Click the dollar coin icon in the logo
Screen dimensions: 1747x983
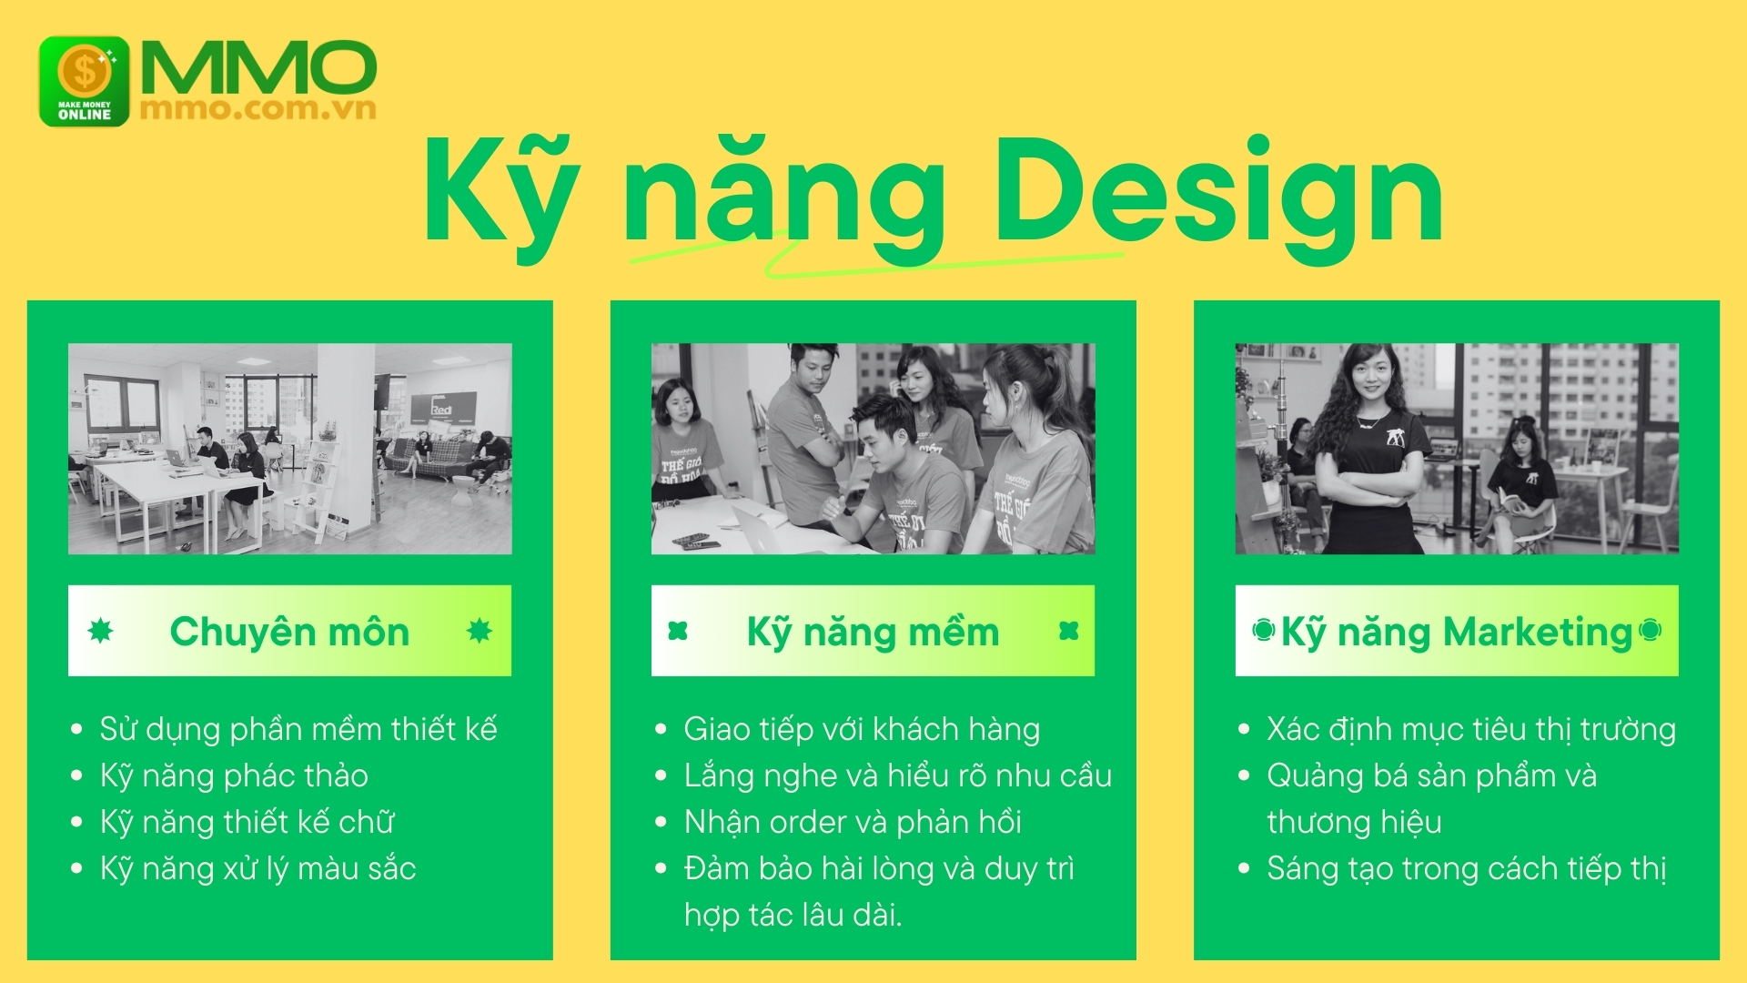(x=85, y=71)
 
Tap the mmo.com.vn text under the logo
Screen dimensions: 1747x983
(x=258, y=108)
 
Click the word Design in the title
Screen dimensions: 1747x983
(x=1218, y=194)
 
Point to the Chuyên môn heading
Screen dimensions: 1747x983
(x=289, y=632)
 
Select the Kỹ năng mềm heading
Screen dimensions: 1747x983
(x=873, y=633)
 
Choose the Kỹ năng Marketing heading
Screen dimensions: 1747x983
(x=1457, y=633)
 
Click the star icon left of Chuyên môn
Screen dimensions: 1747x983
(x=100, y=631)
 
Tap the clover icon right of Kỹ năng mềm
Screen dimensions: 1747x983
(x=1069, y=631)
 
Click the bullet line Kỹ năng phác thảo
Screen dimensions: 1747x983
(x=234, y=775)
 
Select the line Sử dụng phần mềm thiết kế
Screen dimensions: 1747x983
(x=298, y=729)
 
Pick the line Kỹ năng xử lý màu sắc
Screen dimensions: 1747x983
(x=258, y=868)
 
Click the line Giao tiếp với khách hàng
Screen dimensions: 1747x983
(x=862, y=729)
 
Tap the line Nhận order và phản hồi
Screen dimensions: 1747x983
(x=853, y=822)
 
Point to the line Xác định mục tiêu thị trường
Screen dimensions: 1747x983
(x=1471, y=729)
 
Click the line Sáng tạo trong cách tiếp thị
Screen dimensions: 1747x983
(x=1467, y=868)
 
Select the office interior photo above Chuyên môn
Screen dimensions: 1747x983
(x=289, y=449)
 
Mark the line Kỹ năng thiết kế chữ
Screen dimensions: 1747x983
(x=247, y=822)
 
